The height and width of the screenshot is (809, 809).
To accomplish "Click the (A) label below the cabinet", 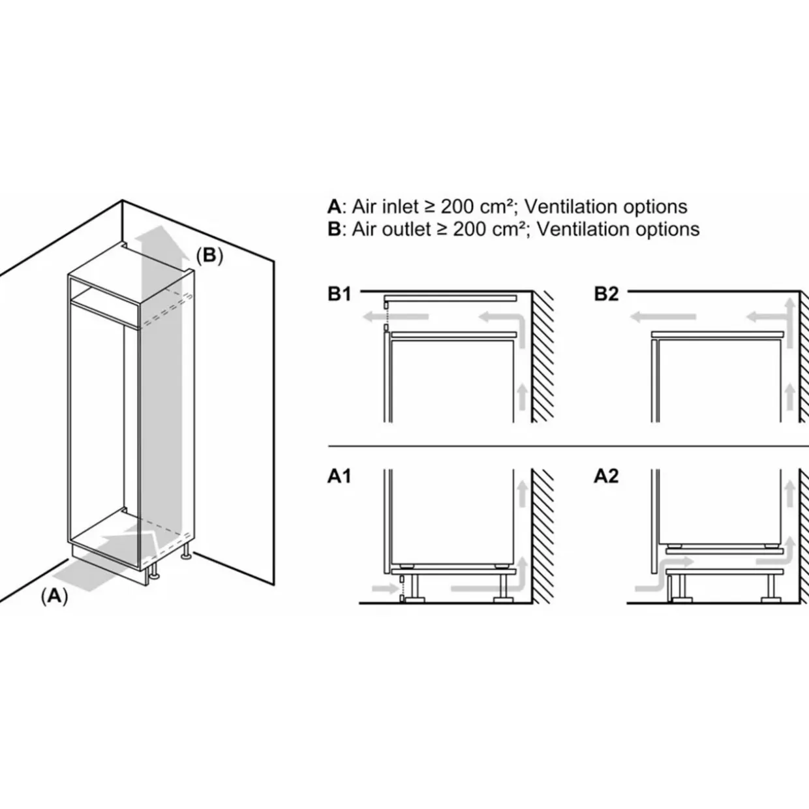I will click(x=54, y=596).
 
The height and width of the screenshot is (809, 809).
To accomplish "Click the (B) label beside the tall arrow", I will click(x=209, y=255).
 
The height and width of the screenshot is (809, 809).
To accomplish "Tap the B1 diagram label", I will click(x=339, y=294).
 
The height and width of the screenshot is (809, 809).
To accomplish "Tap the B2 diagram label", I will click(x=605, y=294).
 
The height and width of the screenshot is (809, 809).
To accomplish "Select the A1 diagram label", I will click(x=339, y=476).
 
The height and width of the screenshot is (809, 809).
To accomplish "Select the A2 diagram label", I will click(x=605, y=476).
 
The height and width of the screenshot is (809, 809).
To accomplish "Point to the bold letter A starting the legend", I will click(x=333, y=207).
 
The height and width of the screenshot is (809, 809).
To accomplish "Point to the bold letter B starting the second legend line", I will click(x=333, y=230).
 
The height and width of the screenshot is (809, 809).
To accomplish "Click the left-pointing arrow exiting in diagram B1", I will click(x=395, y=317).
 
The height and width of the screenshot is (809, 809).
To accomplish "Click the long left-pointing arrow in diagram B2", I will click(x=662, y=318).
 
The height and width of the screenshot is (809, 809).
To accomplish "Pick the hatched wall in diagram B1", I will click(x=542, y=356).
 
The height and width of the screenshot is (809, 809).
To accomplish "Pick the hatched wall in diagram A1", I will click(x=542, y=535).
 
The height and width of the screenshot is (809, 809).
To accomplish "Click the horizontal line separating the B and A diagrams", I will click(x=568, y=447).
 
